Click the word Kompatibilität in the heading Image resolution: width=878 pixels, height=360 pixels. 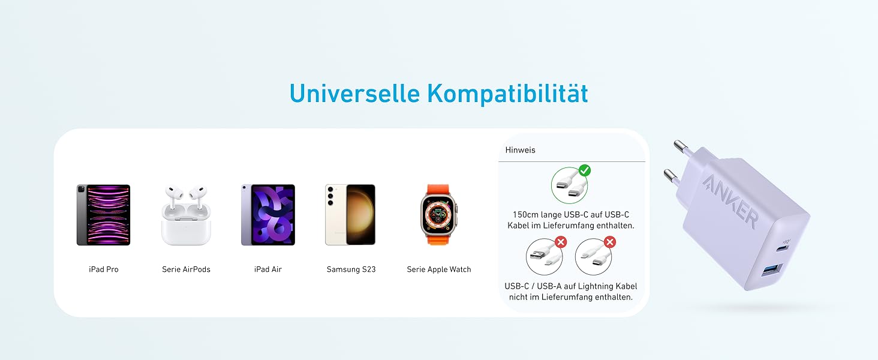click(507, 94)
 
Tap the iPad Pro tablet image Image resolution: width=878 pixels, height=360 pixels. click(103, 215)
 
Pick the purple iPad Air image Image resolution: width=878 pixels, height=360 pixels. click(268, 215)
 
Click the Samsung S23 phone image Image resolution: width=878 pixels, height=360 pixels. click(350, 215)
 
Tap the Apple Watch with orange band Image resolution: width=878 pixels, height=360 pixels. click(438, 214)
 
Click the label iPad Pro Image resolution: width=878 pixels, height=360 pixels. click(104, 269)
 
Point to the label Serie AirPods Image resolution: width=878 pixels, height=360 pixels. click(186, 269)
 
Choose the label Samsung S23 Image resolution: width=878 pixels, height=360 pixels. click(351, 269)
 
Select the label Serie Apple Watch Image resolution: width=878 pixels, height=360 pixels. click(439, 269)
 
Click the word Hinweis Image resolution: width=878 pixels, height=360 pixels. click(520, 150)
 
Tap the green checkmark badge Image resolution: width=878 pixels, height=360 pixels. click(584, 171)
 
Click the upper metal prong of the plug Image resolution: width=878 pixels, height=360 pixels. click(684, 146)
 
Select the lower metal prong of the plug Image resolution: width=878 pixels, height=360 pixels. click(672, 176)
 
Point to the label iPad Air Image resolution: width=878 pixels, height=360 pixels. click(268, 269)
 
